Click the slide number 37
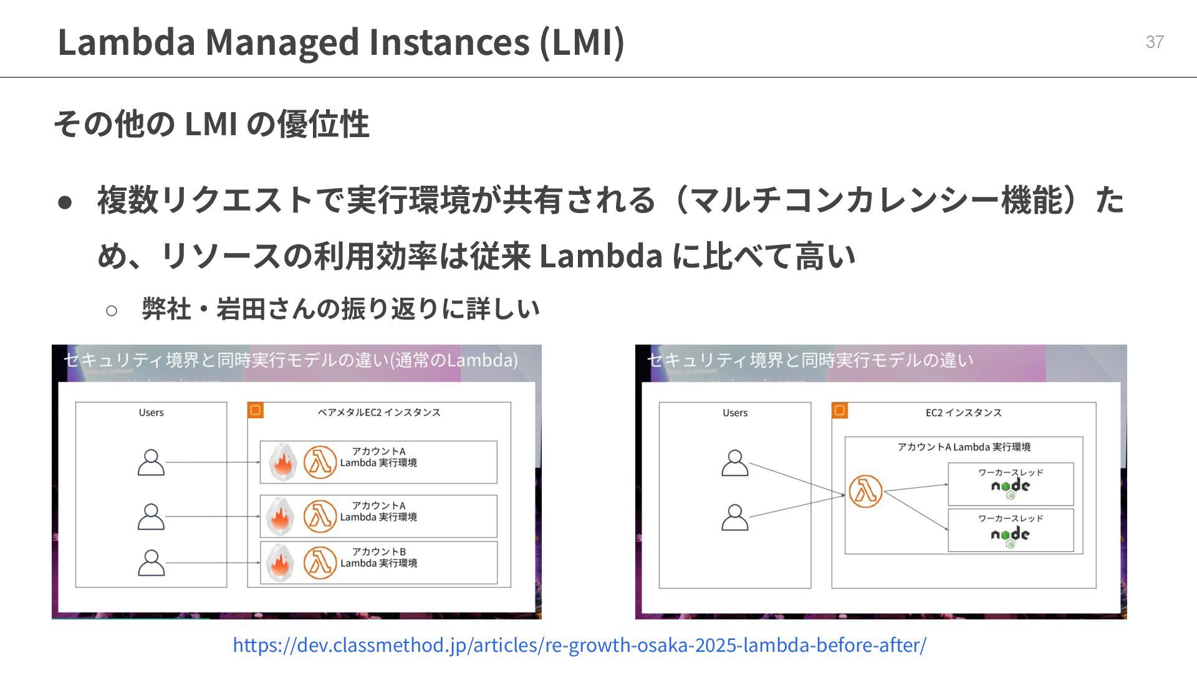coord(1154,42)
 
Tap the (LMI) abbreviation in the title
coord(581,42)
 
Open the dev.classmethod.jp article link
coord(579,644)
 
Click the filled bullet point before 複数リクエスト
coord(65,202)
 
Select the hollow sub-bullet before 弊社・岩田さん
coord(112,310)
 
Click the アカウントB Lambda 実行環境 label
coord(378,558)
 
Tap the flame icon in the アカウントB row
coord(281,563)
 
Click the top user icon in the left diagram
coord(151,462)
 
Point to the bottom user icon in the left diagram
coord(151,563)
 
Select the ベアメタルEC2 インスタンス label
coord(378,413)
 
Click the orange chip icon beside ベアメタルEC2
coord(256,410)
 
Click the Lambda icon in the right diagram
coord(865,491)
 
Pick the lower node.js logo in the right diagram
coord(1010,537)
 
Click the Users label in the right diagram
coord(735,413)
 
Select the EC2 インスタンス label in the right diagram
coord(963,413)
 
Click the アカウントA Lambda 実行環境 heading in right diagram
coord(963,447)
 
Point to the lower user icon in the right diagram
coord(735,517)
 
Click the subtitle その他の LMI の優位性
coord(211,123)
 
